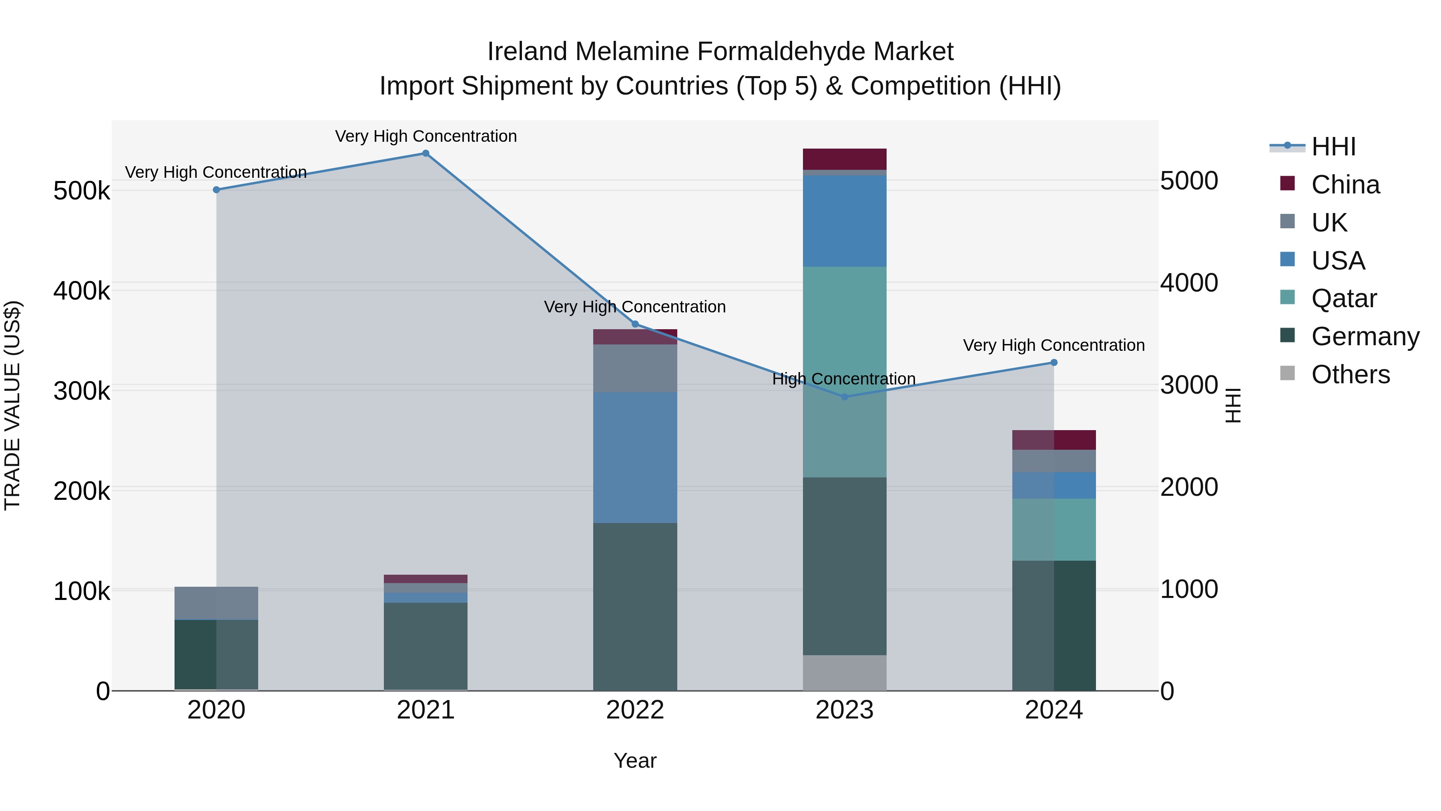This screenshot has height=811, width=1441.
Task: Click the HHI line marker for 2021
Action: tap(426, 153)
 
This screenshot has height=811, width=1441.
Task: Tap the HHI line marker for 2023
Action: tap(845, 397)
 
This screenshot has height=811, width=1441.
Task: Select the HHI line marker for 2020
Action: tap(217, 190)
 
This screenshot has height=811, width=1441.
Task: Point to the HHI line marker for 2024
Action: tap(1054, 363)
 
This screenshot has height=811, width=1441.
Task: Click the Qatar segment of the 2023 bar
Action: tap(845, 372)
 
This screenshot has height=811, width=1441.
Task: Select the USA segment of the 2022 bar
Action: tap(635, 457)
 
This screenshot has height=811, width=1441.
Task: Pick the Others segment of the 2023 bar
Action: tap(845, 673)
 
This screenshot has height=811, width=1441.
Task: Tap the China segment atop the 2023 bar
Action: tap(845, 159)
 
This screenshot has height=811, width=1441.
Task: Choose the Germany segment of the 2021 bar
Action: tap(426, 646)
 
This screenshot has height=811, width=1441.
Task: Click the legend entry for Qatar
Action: tap(1344, 298)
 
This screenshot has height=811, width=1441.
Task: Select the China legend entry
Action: tap(1345, 185)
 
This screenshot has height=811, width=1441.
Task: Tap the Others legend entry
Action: tap(1351, 374)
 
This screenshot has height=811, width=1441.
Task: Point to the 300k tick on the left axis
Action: tap(82, 391)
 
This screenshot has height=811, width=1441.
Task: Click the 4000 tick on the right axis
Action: tap(1189, 283)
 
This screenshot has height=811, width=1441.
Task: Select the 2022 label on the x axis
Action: tap(635, 710)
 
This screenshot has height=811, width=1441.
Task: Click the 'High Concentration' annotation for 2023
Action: tap(843, 379)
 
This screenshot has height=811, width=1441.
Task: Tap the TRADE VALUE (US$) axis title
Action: tap(12, 405)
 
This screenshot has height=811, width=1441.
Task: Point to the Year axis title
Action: tap(635, 761)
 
